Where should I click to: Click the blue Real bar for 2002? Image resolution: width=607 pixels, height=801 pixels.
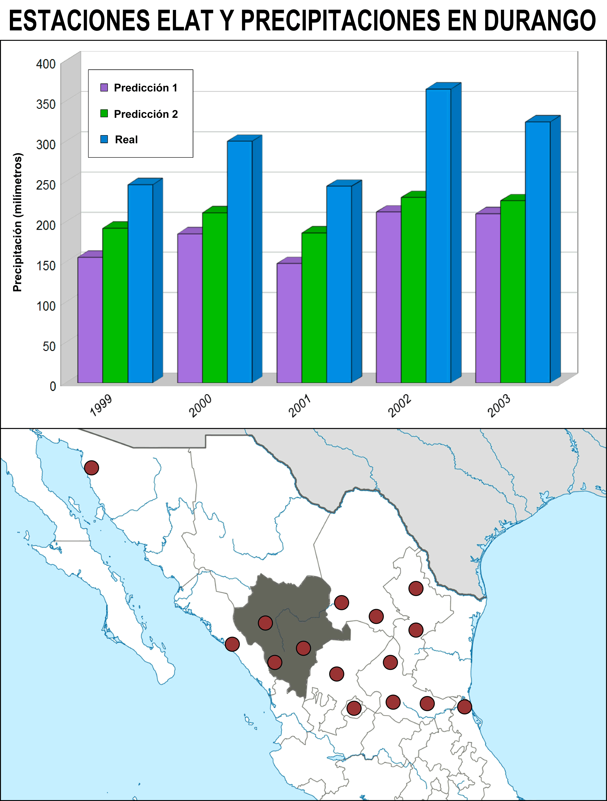(438, 235)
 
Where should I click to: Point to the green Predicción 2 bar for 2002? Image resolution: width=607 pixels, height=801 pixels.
(413, 290)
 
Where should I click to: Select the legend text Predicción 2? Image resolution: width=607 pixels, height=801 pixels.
(146, 114)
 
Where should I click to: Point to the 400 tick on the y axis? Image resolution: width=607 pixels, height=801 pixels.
(46, 64)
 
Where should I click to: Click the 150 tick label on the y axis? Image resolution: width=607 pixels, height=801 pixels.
(46, 265)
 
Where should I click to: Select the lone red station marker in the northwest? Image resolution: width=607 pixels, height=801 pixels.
(92, 468)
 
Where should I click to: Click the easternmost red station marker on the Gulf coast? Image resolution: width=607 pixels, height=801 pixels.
(464, 706)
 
